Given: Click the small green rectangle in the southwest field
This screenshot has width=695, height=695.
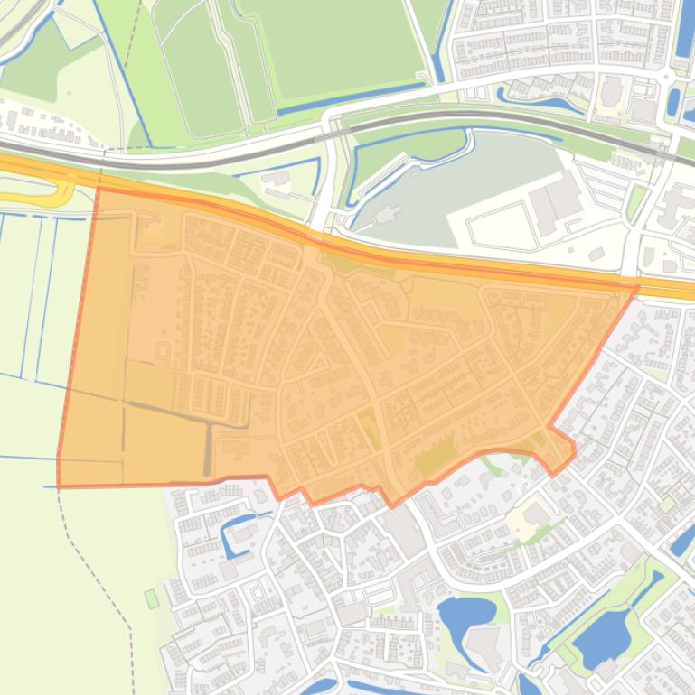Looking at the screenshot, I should [x=152, y=598].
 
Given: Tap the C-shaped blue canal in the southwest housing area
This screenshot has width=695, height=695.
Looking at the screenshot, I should [x=227, y=533].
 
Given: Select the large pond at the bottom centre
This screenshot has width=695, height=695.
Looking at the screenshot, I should [x=464, y=617].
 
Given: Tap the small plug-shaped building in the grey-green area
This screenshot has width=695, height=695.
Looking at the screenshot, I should [x=388, y=215].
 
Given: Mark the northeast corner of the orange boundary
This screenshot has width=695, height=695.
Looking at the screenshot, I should [x=637, y=288].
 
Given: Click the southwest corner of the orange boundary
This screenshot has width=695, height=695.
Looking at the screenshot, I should [x=59, y=486].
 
